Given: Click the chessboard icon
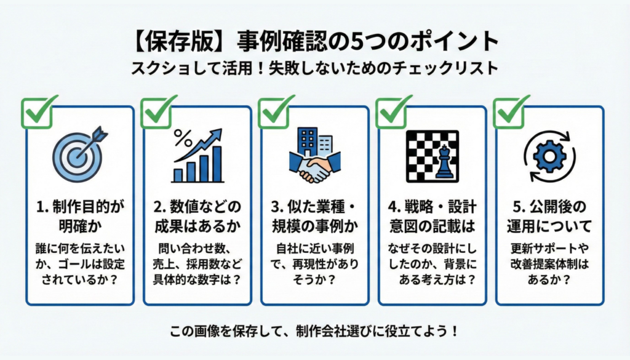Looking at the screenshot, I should [x=433, y=155].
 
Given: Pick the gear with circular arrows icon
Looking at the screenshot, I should [x=549, y=156].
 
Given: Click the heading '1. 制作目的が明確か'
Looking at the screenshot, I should [x=79, y=214].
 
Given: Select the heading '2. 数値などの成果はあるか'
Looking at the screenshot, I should [x=197, y=214].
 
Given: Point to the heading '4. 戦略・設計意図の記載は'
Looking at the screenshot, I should [x=433, y=214].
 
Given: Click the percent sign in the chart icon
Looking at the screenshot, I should [x=183, y=137].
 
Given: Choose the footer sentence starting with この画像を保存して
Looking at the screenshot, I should [x=314, y=331].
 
